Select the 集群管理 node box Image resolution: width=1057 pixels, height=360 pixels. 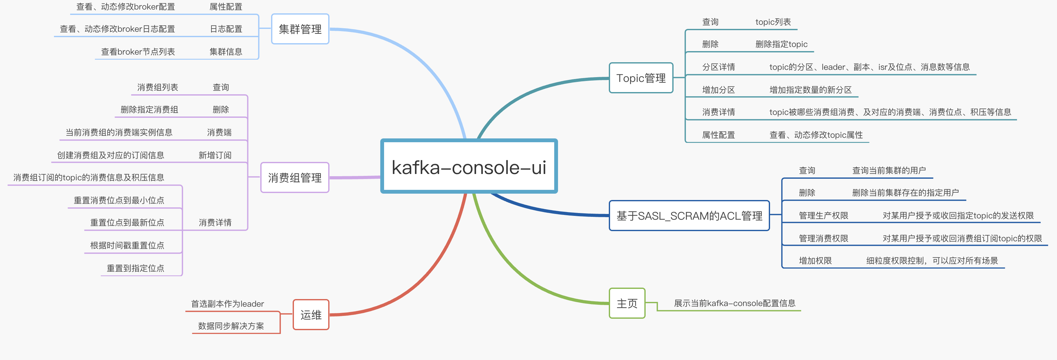click(300, 29)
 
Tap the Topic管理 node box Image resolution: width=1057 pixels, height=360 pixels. click(641, 78)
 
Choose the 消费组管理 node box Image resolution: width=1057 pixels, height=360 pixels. click(295, 178)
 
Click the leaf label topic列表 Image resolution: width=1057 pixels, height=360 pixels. click(773, 22)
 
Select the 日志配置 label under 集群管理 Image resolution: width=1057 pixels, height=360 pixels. click(226, 29)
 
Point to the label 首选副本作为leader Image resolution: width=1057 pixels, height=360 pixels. click(227, 304)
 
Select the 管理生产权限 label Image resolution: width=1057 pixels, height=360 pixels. click(823, 216)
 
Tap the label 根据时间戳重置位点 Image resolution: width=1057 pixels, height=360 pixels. click(127, 245)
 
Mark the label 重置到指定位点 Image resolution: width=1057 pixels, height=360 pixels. click(136, 268)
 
